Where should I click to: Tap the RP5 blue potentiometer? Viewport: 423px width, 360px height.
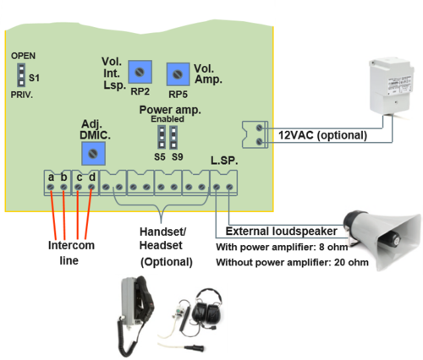pos(176,74)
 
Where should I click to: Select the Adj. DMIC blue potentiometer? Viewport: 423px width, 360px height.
pos(94,152)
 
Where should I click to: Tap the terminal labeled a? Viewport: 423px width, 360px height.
pos(52,181)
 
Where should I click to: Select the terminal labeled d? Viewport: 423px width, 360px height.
pos(91,181)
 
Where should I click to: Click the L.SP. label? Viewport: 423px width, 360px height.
pos(224,160)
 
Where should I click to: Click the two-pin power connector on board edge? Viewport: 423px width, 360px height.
pos(255,131)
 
